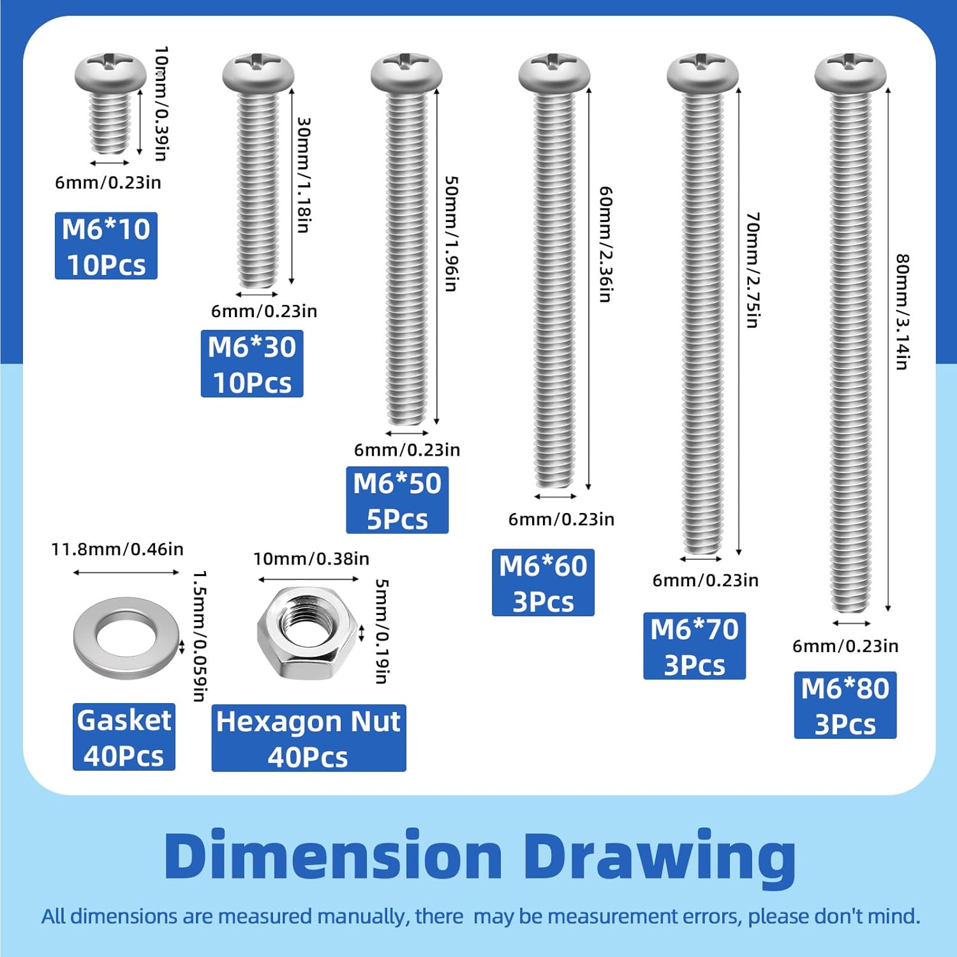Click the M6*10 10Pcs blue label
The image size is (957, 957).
coord(106,246)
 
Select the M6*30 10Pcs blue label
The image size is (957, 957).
coord(252,364)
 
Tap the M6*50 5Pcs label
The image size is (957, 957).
coord(397,500)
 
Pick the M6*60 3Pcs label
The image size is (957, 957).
coord(543,582)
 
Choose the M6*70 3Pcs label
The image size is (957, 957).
coord(694,646)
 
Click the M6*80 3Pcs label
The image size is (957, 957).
coord(845,705)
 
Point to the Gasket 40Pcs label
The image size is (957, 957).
coord(124,737)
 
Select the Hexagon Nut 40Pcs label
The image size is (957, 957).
coord(309,738)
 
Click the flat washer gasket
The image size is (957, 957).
coord(126,637)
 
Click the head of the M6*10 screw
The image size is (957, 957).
coord(110,72)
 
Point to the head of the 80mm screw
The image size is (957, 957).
coord(850,72)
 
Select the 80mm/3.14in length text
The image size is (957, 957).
coord(902,312)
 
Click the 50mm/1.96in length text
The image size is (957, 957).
coord(451,234)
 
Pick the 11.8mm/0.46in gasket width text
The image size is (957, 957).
coord(117,549)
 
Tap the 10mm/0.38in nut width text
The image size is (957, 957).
coord(311,559)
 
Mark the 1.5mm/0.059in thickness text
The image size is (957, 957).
coord(200,636)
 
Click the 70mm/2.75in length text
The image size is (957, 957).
coord(753,271)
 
